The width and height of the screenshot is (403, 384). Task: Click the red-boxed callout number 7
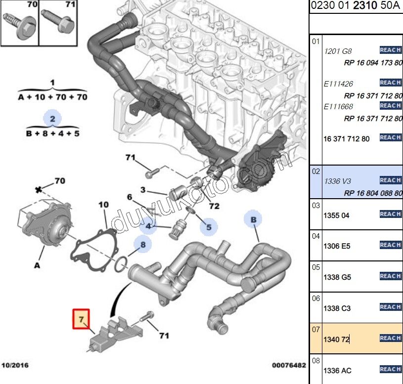coord(81,319)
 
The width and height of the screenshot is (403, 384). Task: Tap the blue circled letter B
coord(253,219)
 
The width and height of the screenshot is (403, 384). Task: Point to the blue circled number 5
coord(209,227)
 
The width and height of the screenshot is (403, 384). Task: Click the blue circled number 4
coord(147,227)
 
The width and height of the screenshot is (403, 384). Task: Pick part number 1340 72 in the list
coord(336,339)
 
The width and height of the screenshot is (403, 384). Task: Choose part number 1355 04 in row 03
coord(336,215)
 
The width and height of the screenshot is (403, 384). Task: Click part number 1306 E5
coord(336,246)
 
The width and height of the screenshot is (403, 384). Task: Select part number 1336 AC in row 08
coord(337,370)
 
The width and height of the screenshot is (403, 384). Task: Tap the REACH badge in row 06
coord(390,307)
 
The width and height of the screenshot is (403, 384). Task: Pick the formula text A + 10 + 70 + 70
coord(52,97)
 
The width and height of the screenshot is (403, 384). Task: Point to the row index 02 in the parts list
coord(316,171)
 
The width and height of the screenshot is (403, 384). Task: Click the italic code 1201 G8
coord(338,51)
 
